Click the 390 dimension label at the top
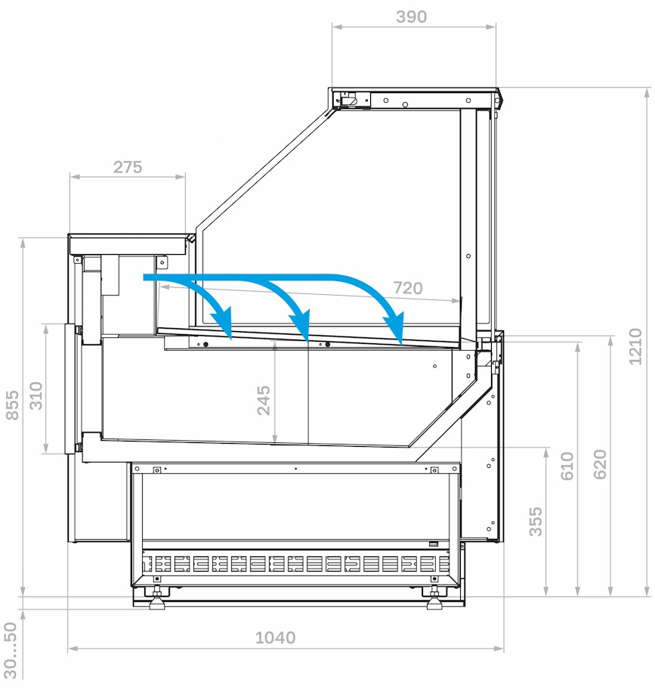(411, 17)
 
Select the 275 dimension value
(128, 167)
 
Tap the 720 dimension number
(408, 288)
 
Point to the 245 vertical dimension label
(264, 400)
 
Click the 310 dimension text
(36, 395)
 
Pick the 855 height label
(12, 405)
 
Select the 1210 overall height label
(635, 346)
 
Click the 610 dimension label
(567, 466)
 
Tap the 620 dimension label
(600, 464)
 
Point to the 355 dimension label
(536, 522)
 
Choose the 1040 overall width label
(275, 637)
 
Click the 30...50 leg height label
(11, 650)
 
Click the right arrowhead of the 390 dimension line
(491, 27)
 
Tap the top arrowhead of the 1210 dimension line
(647, 93)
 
